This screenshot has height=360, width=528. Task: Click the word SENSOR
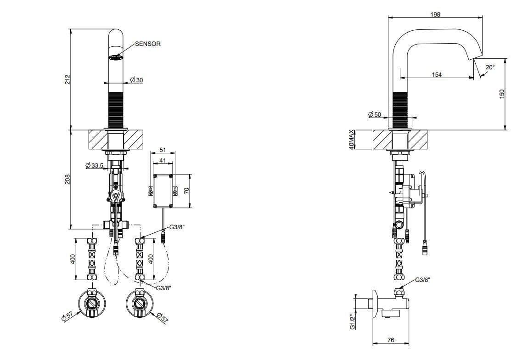tap(147, 44)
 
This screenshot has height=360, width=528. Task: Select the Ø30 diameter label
tap(136, 80)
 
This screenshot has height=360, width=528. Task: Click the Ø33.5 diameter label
tap(94, 165)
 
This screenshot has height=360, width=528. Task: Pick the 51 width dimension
tap(163, 150)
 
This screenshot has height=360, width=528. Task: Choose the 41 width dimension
tap(163, 160)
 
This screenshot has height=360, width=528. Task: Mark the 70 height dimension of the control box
tap(187, 190)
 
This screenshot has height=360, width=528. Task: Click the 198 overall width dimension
tap(435, 15)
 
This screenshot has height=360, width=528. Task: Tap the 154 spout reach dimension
tap(437, 74)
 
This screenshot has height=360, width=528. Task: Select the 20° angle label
tap(490, 67)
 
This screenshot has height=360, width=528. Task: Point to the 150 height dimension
tap(502, 94)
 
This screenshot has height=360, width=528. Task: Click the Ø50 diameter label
tap(375, 114)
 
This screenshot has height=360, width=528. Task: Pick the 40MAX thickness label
tap(352, 139)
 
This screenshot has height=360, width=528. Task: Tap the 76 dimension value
tap(391, 341)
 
